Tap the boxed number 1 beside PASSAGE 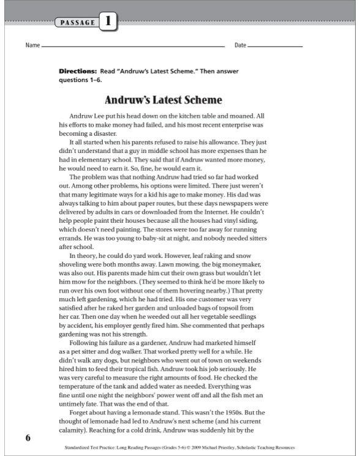tap(108, 22)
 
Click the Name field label tap(32, 46)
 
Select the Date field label tap(240, 46)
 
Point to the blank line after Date tap(275, 47)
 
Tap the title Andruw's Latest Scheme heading tap(163, 100)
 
